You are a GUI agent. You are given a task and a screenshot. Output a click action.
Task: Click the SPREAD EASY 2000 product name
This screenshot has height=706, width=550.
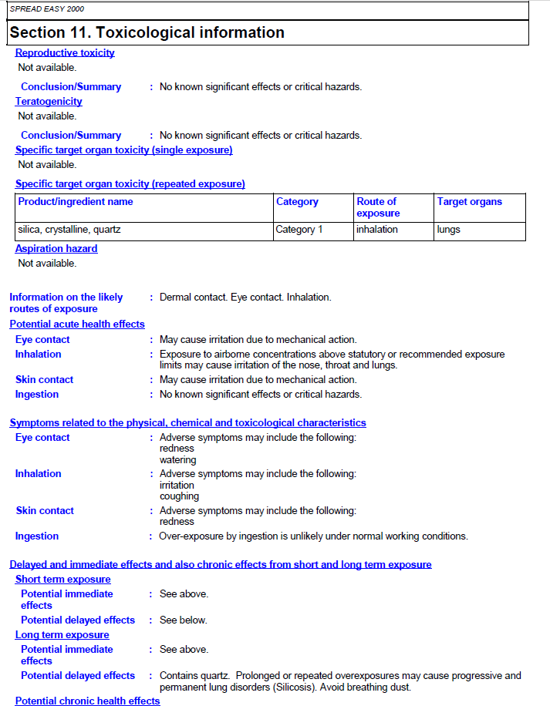pos(47,9)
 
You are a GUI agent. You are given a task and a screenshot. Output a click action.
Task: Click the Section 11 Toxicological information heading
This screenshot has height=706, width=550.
pos(147,32)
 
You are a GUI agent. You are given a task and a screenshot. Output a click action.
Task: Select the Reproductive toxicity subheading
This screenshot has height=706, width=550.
pos(65,53)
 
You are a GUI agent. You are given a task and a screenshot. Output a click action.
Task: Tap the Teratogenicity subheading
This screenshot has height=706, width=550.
pos(49,102)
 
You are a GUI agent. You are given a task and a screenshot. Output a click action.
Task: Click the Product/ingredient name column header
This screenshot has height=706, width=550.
pos(76,202)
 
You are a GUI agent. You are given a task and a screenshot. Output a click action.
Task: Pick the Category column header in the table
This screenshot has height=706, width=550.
pos(297,202)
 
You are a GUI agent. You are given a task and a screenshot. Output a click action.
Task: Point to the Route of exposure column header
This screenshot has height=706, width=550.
pos(377,207)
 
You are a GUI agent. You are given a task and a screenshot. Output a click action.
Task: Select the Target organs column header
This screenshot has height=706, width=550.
pos(469,202)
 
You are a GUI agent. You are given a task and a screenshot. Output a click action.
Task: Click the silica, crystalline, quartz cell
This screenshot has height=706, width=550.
pos(69,230)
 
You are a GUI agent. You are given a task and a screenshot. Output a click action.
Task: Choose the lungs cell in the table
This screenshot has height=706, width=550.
pos(448,230)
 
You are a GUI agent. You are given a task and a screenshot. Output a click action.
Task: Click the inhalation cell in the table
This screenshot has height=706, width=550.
pos(377,230)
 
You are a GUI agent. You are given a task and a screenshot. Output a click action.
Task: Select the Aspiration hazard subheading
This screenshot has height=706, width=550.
pos(56,249)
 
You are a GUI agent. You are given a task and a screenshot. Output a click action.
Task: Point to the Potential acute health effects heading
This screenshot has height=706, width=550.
pos(77,324)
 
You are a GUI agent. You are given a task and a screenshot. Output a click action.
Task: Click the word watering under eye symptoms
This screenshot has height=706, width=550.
pos(177,460)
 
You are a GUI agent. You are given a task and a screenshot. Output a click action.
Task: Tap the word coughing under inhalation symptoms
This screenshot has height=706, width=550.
pos(179,496)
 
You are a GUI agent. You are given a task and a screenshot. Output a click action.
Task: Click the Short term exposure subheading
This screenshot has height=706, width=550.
pos(63,580)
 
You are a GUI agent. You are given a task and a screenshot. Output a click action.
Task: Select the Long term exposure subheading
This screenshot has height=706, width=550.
pos(62,635)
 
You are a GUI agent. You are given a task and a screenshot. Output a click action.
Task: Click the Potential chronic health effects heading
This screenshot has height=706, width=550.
pos(88,701)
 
